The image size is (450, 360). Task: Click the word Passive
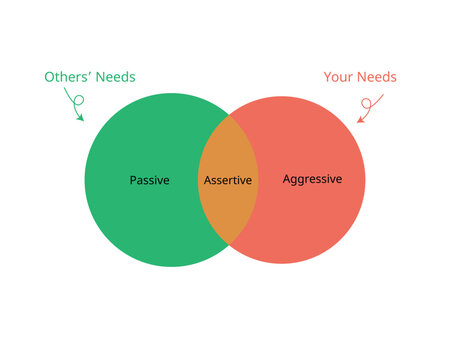149,181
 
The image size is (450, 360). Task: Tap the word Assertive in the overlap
228,181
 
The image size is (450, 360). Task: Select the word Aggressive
312,180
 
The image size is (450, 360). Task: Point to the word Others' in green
68,77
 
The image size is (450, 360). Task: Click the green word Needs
115,77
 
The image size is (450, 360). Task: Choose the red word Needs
378,76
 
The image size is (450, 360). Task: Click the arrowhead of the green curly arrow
81,121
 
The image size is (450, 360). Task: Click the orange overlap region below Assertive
228,215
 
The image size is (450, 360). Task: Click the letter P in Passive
133,181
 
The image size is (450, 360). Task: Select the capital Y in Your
328,76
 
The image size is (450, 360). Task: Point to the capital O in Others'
49,77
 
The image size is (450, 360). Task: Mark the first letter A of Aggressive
287,180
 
